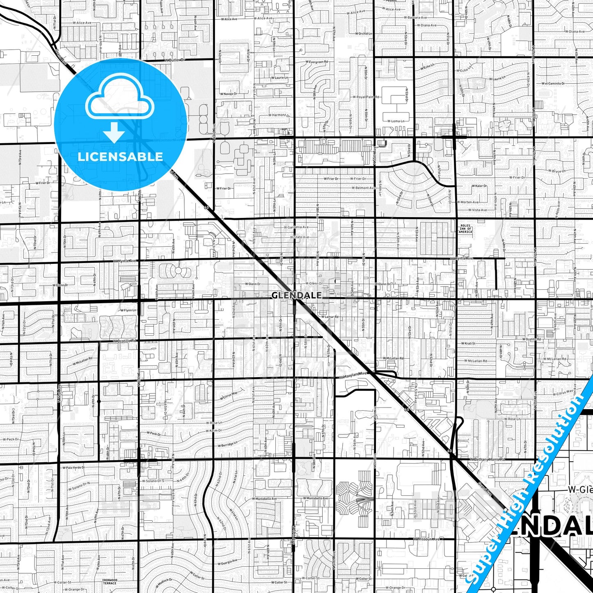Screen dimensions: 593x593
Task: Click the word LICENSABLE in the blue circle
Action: (120, 157)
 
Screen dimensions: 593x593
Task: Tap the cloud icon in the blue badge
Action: (119, 100)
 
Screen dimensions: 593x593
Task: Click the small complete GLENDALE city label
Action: (296, 295)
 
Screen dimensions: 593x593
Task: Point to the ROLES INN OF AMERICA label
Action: (465, 229)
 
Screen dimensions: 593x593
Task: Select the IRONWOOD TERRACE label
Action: (110, 581)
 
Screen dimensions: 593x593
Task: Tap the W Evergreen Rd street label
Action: (317, 62)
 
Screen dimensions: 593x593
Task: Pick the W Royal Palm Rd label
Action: (366, 97)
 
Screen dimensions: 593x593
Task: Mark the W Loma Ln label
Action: (396, 121)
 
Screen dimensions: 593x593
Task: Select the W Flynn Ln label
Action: (128, 310)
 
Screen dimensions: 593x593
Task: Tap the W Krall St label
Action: (468, 343)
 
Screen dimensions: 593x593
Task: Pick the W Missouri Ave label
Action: (426, 539)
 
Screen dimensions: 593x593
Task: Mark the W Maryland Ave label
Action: (353, 374)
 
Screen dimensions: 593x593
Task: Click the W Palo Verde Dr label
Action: (73, 467)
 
